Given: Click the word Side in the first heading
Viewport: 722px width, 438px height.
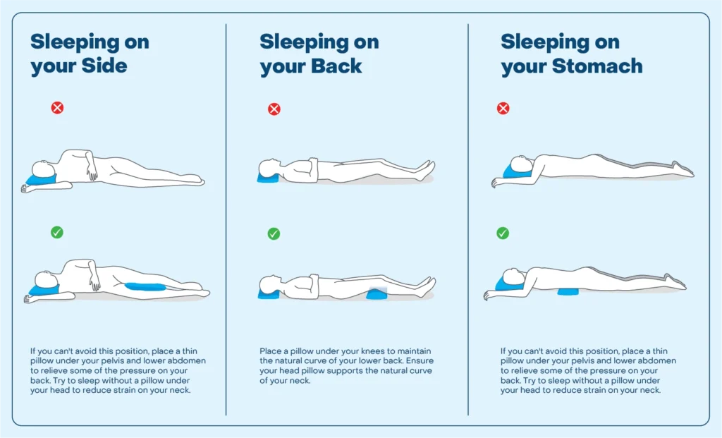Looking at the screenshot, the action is click(x=104, y=66).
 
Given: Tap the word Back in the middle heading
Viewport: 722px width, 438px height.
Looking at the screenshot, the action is click(x=336, y=66).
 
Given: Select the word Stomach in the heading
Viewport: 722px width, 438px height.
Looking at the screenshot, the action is click(x=597, y=66).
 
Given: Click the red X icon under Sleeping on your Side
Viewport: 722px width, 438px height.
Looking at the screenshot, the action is click(x=57, y=108).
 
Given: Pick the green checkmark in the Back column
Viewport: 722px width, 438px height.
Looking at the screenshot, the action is click(x=274, y=233).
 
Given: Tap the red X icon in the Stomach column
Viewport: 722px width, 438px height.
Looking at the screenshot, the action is click(x=503, y=108).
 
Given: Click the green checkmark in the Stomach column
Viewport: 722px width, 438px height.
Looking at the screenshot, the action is click(x=502, y=233).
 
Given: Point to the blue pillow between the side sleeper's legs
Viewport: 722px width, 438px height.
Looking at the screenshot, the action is click(x=145, y=286).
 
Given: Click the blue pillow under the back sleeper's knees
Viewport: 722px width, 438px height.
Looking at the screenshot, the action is click(x=377, y=293).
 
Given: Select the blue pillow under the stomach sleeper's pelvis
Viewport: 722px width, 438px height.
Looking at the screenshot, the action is click(x=568, y=291).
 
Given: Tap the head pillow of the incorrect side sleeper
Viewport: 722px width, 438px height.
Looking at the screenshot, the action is click(x=40, y=178).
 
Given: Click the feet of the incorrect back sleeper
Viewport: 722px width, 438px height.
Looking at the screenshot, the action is click(x=425, y=170).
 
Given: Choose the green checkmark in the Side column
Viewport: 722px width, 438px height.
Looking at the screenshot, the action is click(x=57, y=232).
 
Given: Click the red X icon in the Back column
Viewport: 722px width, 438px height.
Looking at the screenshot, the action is click(x=274, y=109).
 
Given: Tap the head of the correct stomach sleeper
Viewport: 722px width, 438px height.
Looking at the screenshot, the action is click(x=514, y=276).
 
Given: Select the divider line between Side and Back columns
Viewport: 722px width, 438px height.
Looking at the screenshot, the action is click(x=226, y=219).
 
